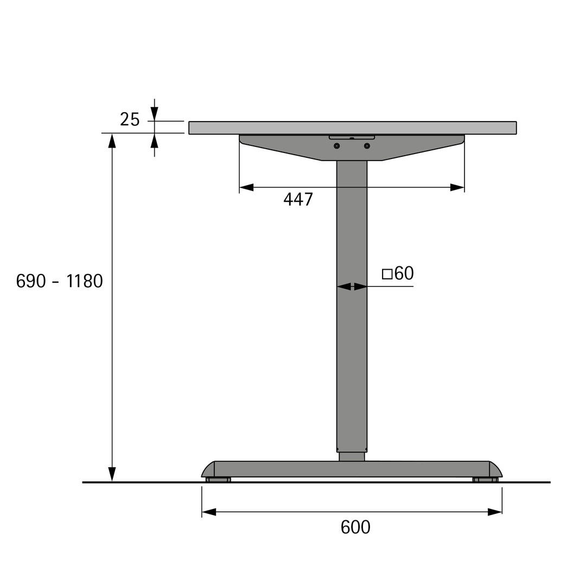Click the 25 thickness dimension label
[x=130, y=119]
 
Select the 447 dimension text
[x=298, y=200]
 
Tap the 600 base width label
[x=355, y=527]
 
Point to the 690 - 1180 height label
[x=60, y=281]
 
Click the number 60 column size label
[x=404, y=273]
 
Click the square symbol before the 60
[x=387, y=275]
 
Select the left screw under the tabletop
[x=337, y=146]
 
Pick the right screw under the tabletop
[x=367, y=146]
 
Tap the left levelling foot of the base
[x=218, y=480]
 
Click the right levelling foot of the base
[x=485, y=480]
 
